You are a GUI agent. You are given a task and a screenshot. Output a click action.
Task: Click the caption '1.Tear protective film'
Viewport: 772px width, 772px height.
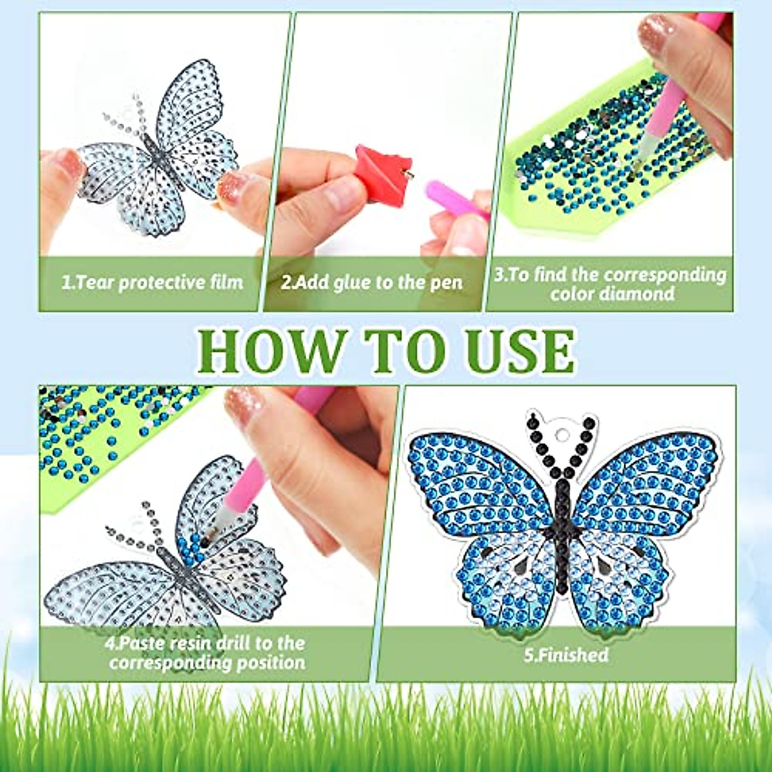click(152, 282)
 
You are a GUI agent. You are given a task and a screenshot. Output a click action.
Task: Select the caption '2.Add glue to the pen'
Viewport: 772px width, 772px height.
click(371, 282)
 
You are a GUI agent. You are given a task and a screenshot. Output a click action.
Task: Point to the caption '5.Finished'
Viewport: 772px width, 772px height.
click(565, 655)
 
